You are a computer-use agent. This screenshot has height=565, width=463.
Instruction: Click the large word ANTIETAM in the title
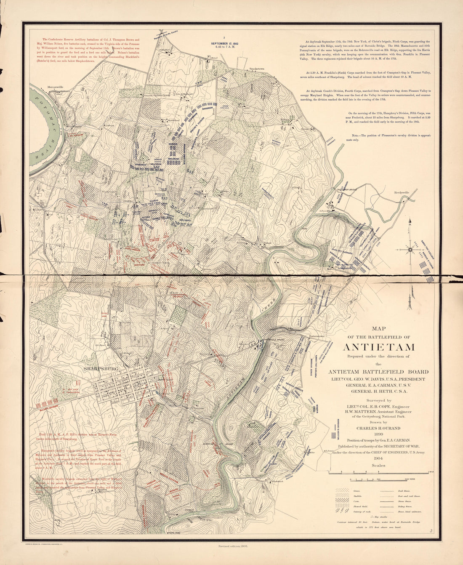click(x=379, y=347)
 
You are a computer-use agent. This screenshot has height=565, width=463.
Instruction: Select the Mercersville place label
click(x=55, y=87)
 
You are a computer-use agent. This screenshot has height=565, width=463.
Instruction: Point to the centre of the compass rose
click(x=411, y=250)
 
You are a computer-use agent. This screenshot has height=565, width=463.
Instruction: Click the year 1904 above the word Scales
click(x=379, y=459)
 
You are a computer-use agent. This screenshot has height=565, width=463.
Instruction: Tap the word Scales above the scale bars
click(x=379, y=466)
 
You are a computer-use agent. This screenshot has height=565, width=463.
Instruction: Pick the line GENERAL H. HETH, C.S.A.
click(x=379, y=391)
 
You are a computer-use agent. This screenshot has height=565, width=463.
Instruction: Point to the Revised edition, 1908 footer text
click(x=233, y=546)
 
